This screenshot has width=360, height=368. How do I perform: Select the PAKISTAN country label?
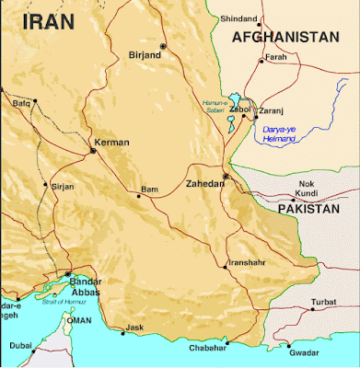(309, 210)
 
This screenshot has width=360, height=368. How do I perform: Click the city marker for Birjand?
(163, 45)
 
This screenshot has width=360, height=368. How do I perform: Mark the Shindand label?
(238, 17)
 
